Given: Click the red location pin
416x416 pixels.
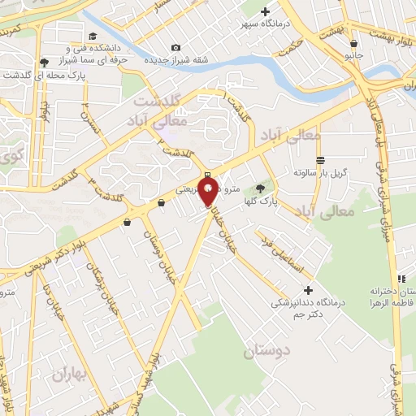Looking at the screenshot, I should pyautogui.click(x=208, y=193).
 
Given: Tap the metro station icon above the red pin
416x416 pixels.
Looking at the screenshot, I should pyautogui.click(x=208, y=175).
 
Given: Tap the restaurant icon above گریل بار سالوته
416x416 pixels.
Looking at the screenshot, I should pyautogui.click(x=321, y=161).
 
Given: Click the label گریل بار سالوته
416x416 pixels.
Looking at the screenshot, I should pyautogui.click(x=321, y=173).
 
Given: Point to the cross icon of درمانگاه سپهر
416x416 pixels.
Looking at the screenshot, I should pyautogui.click(x=265, y=11).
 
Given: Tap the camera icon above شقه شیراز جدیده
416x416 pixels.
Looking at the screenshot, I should pyautogui.click(x=176, y=48).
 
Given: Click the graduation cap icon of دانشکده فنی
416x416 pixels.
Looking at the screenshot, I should pyautogui.click(x=92, y=37).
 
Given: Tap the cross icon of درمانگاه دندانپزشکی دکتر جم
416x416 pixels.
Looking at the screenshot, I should pyautogui.click(x=307, y=290).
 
